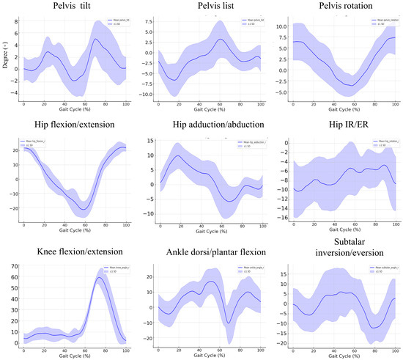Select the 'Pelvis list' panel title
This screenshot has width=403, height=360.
pos(200,7)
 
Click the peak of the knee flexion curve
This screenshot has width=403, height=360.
pos(100,278)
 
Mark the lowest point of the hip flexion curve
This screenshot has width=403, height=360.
pos(84,209)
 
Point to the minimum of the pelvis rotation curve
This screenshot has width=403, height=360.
pos(354,86)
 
